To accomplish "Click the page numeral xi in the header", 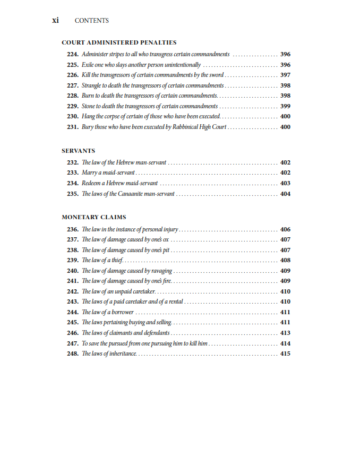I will [x=55, y=20].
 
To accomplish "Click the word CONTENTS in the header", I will [x=92, y=21].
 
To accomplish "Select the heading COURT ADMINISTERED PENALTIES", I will [x=119, y=42].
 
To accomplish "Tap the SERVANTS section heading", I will [x=78, y=151].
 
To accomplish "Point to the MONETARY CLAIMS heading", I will [x=93, y=217].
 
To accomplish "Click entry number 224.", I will [x=73, y=54].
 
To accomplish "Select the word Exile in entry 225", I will [x=88, y=65].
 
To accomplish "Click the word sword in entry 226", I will [x=216, y=75].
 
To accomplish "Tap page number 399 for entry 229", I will [x=285, y=106].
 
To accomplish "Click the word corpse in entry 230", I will [x=114, y=116].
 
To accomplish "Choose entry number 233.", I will [x=73, y=173].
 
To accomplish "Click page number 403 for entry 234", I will [x=285, y=183].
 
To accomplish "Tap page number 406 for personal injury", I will [x=285, y=229].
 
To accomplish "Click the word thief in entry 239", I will [x=117, y=260].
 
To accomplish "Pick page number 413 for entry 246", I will [x=285, y=333].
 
